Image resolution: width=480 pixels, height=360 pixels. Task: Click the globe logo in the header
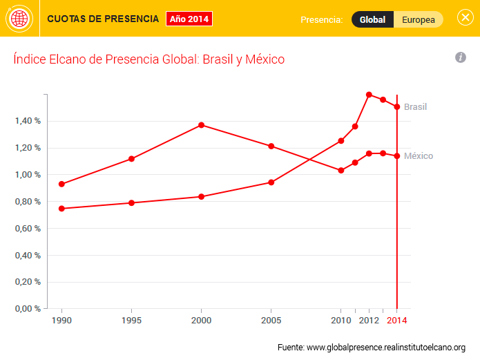click(x=19, y=19)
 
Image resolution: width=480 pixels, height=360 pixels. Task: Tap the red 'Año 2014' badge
click(x=189, y=19)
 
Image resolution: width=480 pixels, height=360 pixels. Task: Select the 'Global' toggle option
click(x=372, y=19)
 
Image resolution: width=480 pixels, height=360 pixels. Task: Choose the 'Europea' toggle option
click(x=419, y=19)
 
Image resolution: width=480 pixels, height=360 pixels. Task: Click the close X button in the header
click(x=465, y=18)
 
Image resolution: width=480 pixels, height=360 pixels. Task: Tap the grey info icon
click(x=461, y=57)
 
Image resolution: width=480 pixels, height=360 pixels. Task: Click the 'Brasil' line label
click(x=416, y=107)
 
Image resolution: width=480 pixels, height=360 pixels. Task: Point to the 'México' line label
click(x=419, y=156)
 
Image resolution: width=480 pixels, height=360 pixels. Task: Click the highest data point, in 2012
click(x=369, y=95)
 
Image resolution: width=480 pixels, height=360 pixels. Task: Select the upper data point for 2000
click(x=201, y=125)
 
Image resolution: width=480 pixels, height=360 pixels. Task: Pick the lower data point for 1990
click(x=62, y=208)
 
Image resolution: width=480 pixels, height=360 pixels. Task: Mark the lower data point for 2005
click(x=271, y=182)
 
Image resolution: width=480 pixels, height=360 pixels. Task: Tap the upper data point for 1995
click(x=131, y=159)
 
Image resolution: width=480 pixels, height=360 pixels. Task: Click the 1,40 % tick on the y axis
click(x=28, y=121)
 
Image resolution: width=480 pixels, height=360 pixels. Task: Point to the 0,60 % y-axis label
click(x=28, y=229)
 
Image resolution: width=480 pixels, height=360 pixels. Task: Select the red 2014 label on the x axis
click(x=397, y=321)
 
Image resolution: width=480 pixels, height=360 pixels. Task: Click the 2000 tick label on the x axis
click(x=201, y=321)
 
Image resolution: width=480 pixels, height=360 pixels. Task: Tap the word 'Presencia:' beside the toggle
click(x=321, y=19)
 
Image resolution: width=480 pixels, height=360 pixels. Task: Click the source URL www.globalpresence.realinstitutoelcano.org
click(x=386, y=347)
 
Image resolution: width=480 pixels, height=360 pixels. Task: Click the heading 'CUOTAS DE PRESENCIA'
click(x=103, y=19)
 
